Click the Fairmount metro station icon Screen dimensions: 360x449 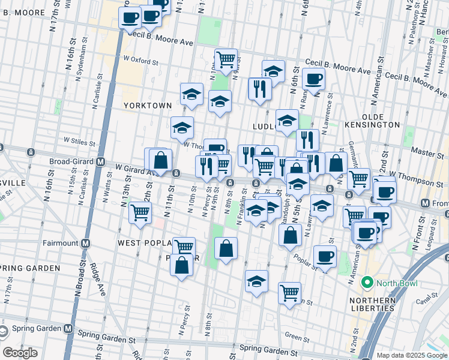(86, 243)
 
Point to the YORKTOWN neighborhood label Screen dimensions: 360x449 (147, 105)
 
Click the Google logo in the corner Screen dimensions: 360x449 (20, 353)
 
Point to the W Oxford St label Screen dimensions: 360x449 (141, 61)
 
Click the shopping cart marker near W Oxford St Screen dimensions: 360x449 (226, 59)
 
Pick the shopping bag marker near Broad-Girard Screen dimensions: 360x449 (161, 160)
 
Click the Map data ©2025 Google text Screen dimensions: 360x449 (412, 355)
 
